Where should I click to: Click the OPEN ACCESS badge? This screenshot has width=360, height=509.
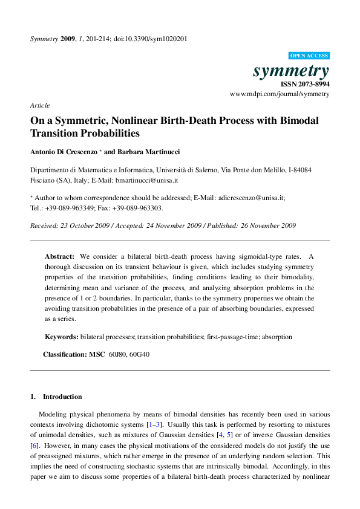[309, 55]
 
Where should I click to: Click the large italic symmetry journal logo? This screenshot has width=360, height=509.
[291, 71]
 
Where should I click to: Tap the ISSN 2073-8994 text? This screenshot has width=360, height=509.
[306, 85]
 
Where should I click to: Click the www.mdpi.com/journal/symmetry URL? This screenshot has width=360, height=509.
[280, 94]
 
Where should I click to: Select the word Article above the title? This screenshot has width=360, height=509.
[40, 105]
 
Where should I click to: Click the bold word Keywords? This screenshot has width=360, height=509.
[61, 336]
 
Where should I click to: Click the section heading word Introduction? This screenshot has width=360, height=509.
[62, 397]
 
